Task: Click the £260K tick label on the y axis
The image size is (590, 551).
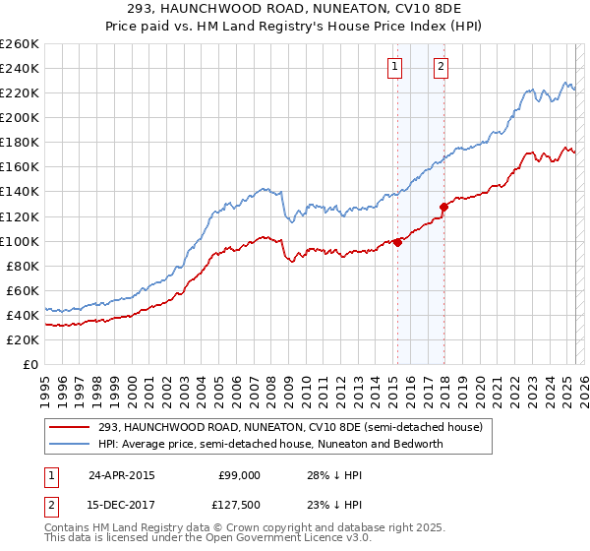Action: click(20, 44)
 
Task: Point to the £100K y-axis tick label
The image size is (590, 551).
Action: click(20, 241)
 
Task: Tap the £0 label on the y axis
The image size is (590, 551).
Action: click(30, 364)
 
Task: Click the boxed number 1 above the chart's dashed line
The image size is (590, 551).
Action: click(394, 67)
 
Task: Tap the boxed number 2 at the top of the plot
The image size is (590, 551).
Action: click(441, 67)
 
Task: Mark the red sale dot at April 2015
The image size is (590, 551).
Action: click(397, 242)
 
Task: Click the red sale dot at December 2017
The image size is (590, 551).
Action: click(443, 207)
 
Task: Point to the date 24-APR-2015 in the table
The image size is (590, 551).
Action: click(121, 475)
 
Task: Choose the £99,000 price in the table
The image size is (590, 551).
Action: click(239, 475)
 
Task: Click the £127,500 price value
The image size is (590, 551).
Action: click(237, 505)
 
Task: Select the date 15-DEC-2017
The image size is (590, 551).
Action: click(122, 505)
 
